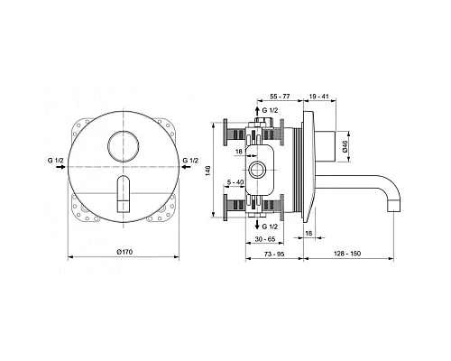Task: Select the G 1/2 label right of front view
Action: (191, 162)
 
